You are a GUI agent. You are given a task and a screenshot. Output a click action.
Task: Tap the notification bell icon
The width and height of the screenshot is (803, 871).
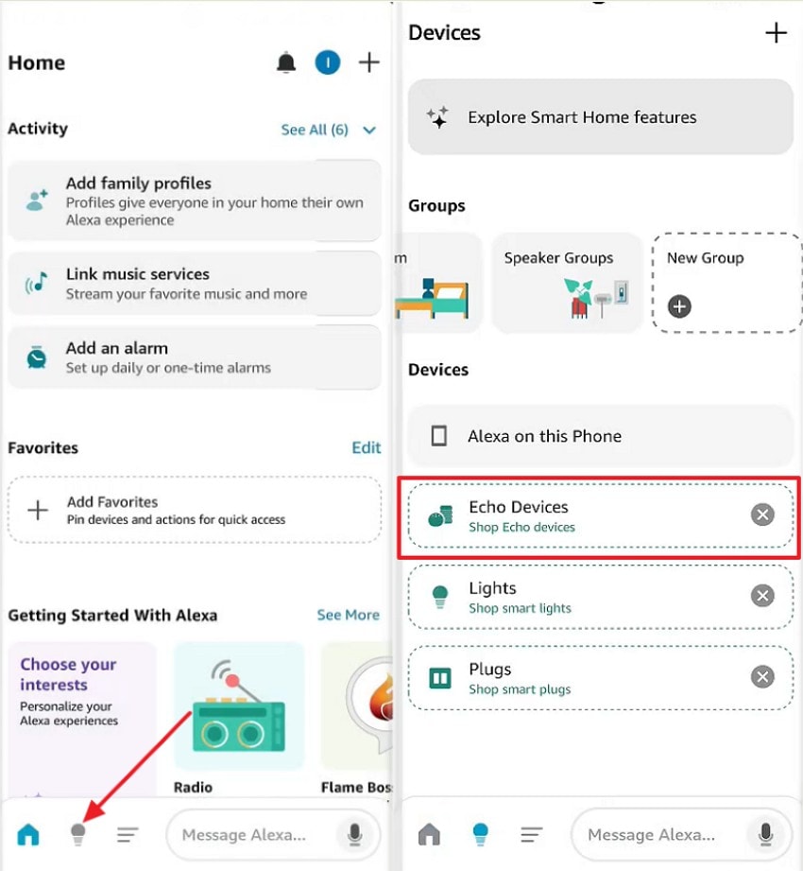pos(285,63)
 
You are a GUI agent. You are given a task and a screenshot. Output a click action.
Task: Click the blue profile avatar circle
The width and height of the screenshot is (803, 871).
pos(327,63)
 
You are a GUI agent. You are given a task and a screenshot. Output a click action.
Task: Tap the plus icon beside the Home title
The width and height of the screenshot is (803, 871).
pos(369,63)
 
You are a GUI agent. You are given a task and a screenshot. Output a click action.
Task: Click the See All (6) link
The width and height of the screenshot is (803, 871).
pos(315,130)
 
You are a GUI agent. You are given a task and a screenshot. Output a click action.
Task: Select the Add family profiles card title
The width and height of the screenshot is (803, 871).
pos(138,183)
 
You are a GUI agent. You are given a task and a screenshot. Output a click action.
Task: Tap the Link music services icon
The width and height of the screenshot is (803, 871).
pos(37,283)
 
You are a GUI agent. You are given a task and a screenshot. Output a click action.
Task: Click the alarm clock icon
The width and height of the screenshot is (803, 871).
pos(37,357)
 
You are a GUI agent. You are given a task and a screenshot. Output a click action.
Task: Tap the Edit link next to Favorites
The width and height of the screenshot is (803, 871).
pos(366,447)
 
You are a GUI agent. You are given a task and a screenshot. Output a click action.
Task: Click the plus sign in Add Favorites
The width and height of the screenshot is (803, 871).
pos(38,511)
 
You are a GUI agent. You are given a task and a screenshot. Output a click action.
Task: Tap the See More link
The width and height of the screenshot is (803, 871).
pos(348,615)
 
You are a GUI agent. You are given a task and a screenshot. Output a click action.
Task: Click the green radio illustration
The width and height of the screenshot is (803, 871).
pos(239,709)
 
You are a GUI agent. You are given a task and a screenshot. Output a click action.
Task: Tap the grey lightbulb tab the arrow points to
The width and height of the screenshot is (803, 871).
pos(78,834)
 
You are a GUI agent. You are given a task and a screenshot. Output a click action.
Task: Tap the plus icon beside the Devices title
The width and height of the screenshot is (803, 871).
pos(776,33)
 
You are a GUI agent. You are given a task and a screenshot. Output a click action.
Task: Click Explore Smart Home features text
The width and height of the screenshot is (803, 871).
pos(582,117)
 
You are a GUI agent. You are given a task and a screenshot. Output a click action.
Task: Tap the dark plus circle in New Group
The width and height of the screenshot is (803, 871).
pos(679,306)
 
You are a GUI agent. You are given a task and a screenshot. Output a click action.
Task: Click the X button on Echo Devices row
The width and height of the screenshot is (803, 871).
pos(762,514)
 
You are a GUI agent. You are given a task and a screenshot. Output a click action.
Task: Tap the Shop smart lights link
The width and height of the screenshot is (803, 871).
pos(520,608)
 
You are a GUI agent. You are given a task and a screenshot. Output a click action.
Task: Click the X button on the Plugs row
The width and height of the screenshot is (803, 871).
pos(762,677)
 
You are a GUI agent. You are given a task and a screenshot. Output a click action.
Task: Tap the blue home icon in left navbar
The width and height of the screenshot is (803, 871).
pos(29,834)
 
